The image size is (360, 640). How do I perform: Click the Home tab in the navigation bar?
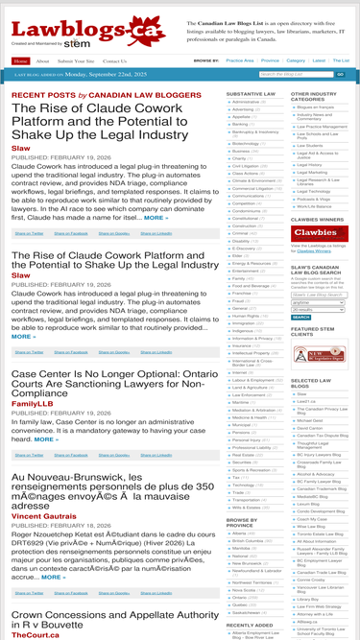[x=21, y=60]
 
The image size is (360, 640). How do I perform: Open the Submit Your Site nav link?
[x=76, y=60]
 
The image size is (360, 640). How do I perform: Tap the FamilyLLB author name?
[x=33, y=404]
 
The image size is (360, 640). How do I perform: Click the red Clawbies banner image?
[x=314, y=232]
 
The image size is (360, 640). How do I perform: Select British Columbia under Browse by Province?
[x=252, y=541]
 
